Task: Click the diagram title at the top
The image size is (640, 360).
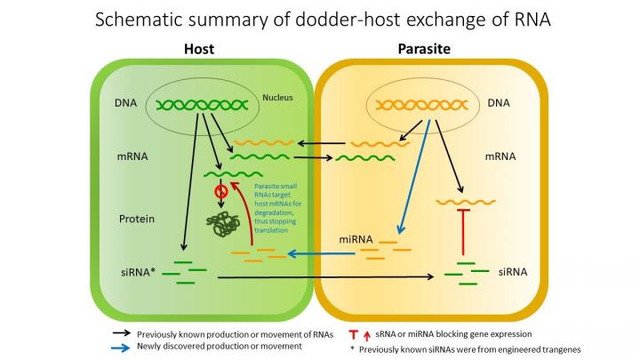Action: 319,20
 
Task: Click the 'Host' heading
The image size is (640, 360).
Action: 198,52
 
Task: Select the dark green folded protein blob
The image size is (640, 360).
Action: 226,223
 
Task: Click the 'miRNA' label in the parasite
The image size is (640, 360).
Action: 356,240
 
